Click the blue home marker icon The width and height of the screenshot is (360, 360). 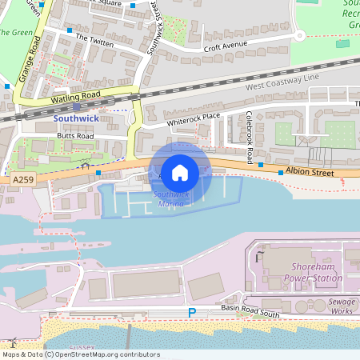pyautogui.click(x=180, y=172)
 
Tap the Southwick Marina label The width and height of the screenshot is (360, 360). pyautogui.click(x=168, y=199)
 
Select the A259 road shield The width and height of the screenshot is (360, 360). pyautogui.click(x=24, y=181)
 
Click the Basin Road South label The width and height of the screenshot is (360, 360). pyautogui.click(x=250, y=311)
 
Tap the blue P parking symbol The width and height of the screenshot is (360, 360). pyautogui.click(x=191, y=312)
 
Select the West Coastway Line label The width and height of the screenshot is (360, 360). pyautogui.click(x=282, y=80)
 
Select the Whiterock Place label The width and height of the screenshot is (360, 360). pyautogui.click(x=193, y=119)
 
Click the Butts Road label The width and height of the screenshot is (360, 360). pyautogui.click(x=75, y=136)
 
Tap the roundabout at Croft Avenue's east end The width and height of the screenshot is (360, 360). pyautogui.click(x=300, y=36)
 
